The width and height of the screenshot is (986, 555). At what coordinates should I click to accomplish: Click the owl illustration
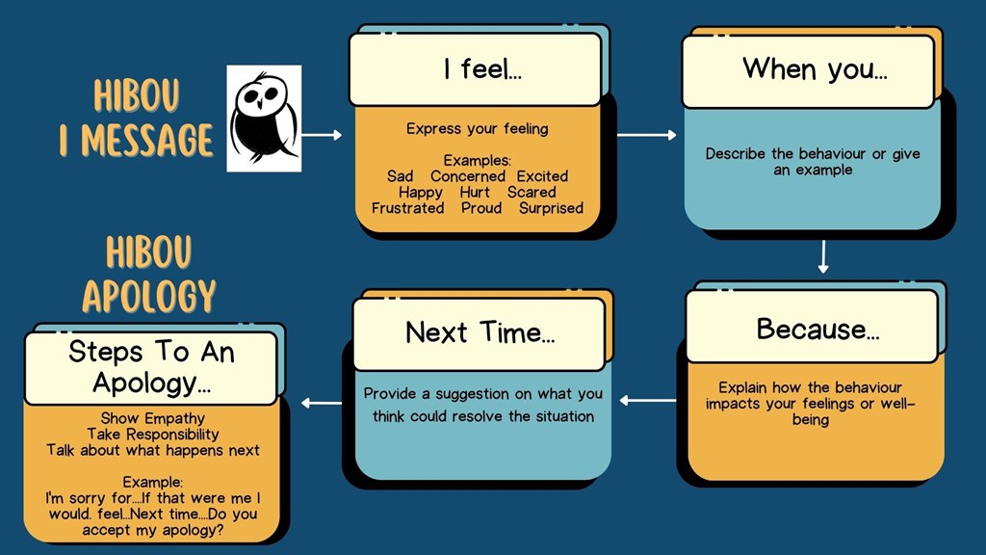(x=263, y=119)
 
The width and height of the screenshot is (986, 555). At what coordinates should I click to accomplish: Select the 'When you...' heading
(x=814, y=68)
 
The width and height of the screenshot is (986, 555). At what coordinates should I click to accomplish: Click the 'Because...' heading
(x=817, y=329)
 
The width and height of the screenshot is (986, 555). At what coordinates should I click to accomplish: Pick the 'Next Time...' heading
(x=480, y=332)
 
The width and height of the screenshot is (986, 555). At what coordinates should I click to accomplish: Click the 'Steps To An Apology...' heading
(x=151, y=367)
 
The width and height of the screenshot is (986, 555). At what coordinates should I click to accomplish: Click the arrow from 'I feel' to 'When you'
(x=646, y=135)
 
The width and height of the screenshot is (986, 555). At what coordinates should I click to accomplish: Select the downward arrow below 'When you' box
(x=823, y=256)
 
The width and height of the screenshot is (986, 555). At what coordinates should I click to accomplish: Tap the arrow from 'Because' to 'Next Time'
(x=648, y=400)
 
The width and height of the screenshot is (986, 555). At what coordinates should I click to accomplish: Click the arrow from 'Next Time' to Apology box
(x=322, y=403)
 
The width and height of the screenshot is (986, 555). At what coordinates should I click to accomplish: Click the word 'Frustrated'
(x=407, y=208)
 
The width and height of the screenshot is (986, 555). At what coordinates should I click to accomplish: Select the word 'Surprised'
(x=551, y=208)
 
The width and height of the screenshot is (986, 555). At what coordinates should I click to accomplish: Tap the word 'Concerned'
(x=468, y=176)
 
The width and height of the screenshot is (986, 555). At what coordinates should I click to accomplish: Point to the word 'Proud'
(x=481, y=208)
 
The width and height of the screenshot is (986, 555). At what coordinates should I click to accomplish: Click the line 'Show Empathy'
(x=152, y=419)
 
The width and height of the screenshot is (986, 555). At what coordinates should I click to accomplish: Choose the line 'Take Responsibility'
(x=152, y=435)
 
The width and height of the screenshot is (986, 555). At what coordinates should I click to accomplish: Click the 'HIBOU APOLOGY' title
(x=149, y=275)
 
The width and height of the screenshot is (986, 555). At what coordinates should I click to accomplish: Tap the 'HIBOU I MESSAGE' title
(x=136, y=119)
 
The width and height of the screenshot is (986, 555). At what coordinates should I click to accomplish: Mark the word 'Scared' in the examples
(x=532, y=193)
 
